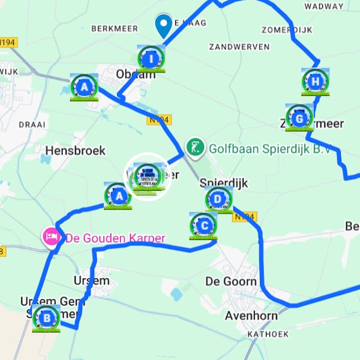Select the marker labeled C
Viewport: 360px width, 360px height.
[x=203, y=226]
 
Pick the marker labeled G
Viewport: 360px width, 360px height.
[x=299, y=117]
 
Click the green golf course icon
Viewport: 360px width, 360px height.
[x=194, y=146]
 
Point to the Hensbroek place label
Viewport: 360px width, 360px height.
[x=75, y=150]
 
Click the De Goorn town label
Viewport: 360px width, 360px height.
[x=231, y=281]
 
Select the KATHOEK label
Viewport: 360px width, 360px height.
[x=268, y=334]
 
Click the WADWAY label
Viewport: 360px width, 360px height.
[x=324, y=6]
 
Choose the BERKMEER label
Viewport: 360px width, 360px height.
[x=115, y=28]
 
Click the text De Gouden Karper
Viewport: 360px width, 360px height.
[x=115, y=238]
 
